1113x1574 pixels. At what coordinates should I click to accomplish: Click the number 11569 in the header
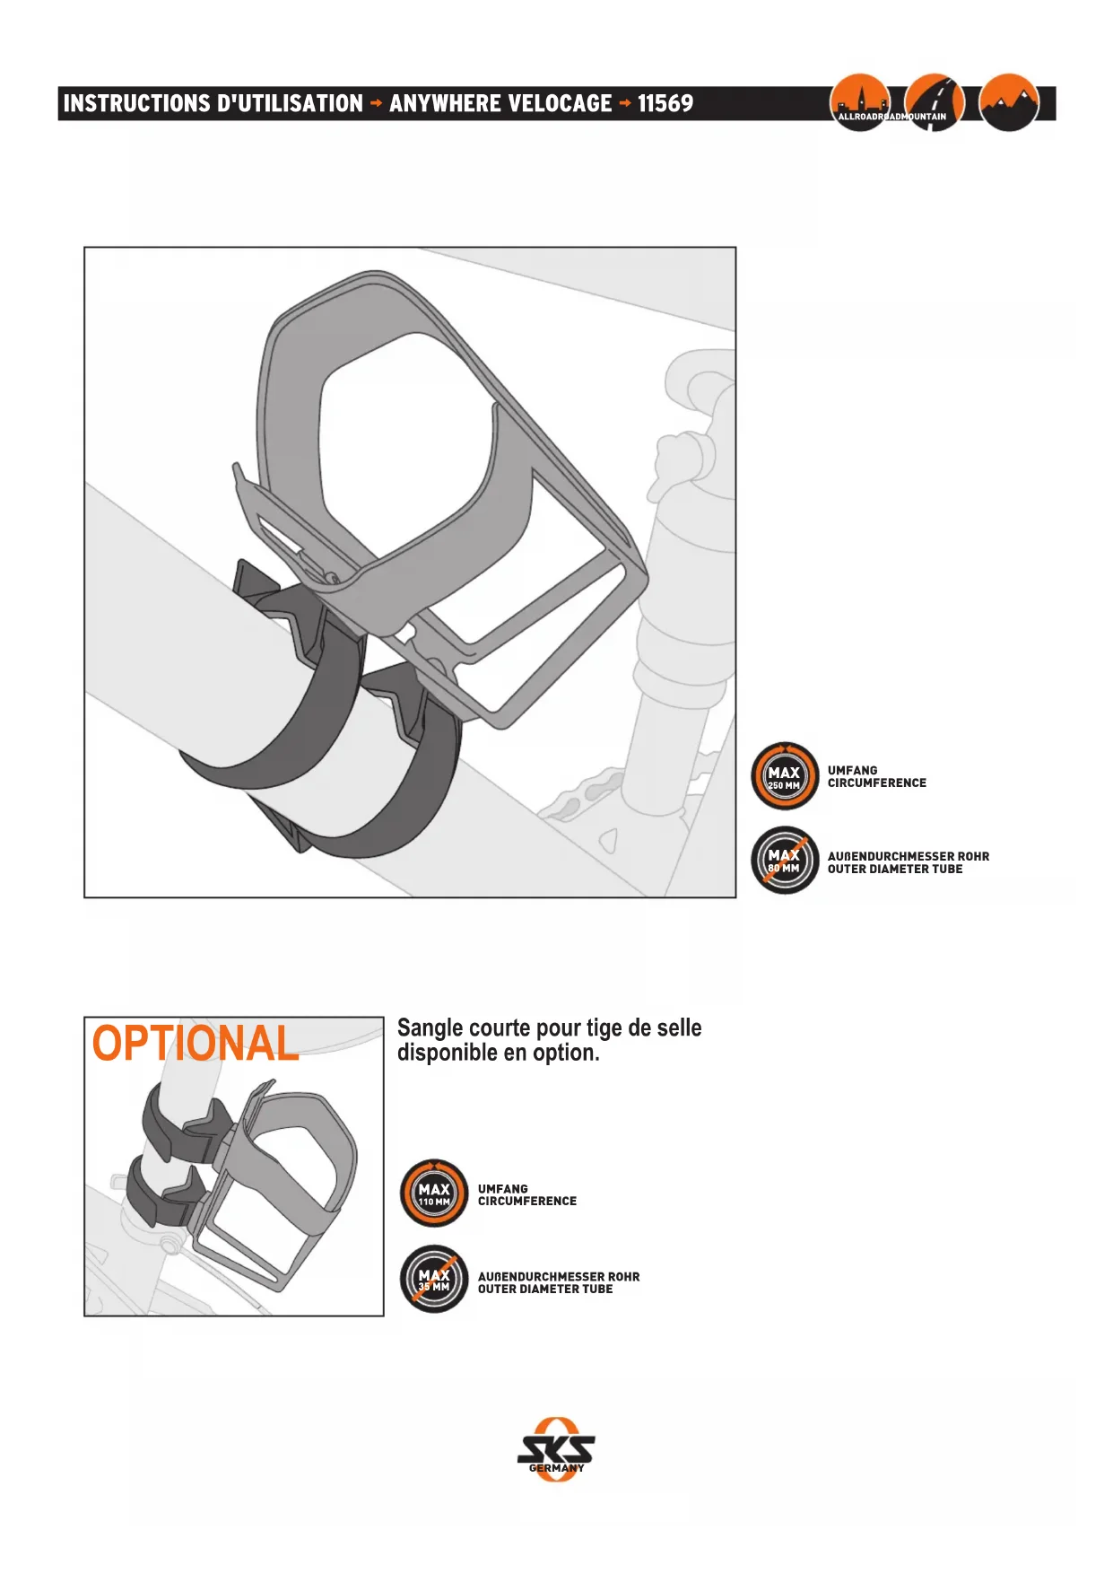[x=665, y=103]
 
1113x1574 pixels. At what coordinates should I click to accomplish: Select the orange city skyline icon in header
[x=859, y=101]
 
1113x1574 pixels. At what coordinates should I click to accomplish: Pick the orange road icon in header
[x=935, y=101]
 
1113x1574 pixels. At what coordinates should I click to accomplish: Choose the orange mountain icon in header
[x=1009, y=101]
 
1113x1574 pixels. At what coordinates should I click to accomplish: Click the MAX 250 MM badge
[x=785, y=776]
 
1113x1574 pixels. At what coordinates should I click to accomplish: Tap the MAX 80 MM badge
[x=785, y=860]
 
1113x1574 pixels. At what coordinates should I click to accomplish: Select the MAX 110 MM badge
[x=434, y=1194]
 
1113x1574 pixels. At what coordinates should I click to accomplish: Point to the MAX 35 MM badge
[x=434, y=1279]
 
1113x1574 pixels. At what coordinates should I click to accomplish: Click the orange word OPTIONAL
[x=196, y=1044]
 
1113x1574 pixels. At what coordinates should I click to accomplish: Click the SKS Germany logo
[x=556, y=1449]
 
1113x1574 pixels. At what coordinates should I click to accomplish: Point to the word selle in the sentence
[x=679, y=1027]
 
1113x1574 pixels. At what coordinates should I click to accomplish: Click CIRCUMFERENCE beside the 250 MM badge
[x=876, y=783]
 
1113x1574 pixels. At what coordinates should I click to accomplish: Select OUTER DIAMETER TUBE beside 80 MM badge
[x=894, y=870]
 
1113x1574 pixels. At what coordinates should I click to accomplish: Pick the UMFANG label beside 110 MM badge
[x=502, y=1188]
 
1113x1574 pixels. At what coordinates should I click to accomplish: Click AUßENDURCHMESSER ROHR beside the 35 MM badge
[x=558, y=1276]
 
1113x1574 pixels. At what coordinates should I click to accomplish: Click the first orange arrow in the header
[x=376, y=103]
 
